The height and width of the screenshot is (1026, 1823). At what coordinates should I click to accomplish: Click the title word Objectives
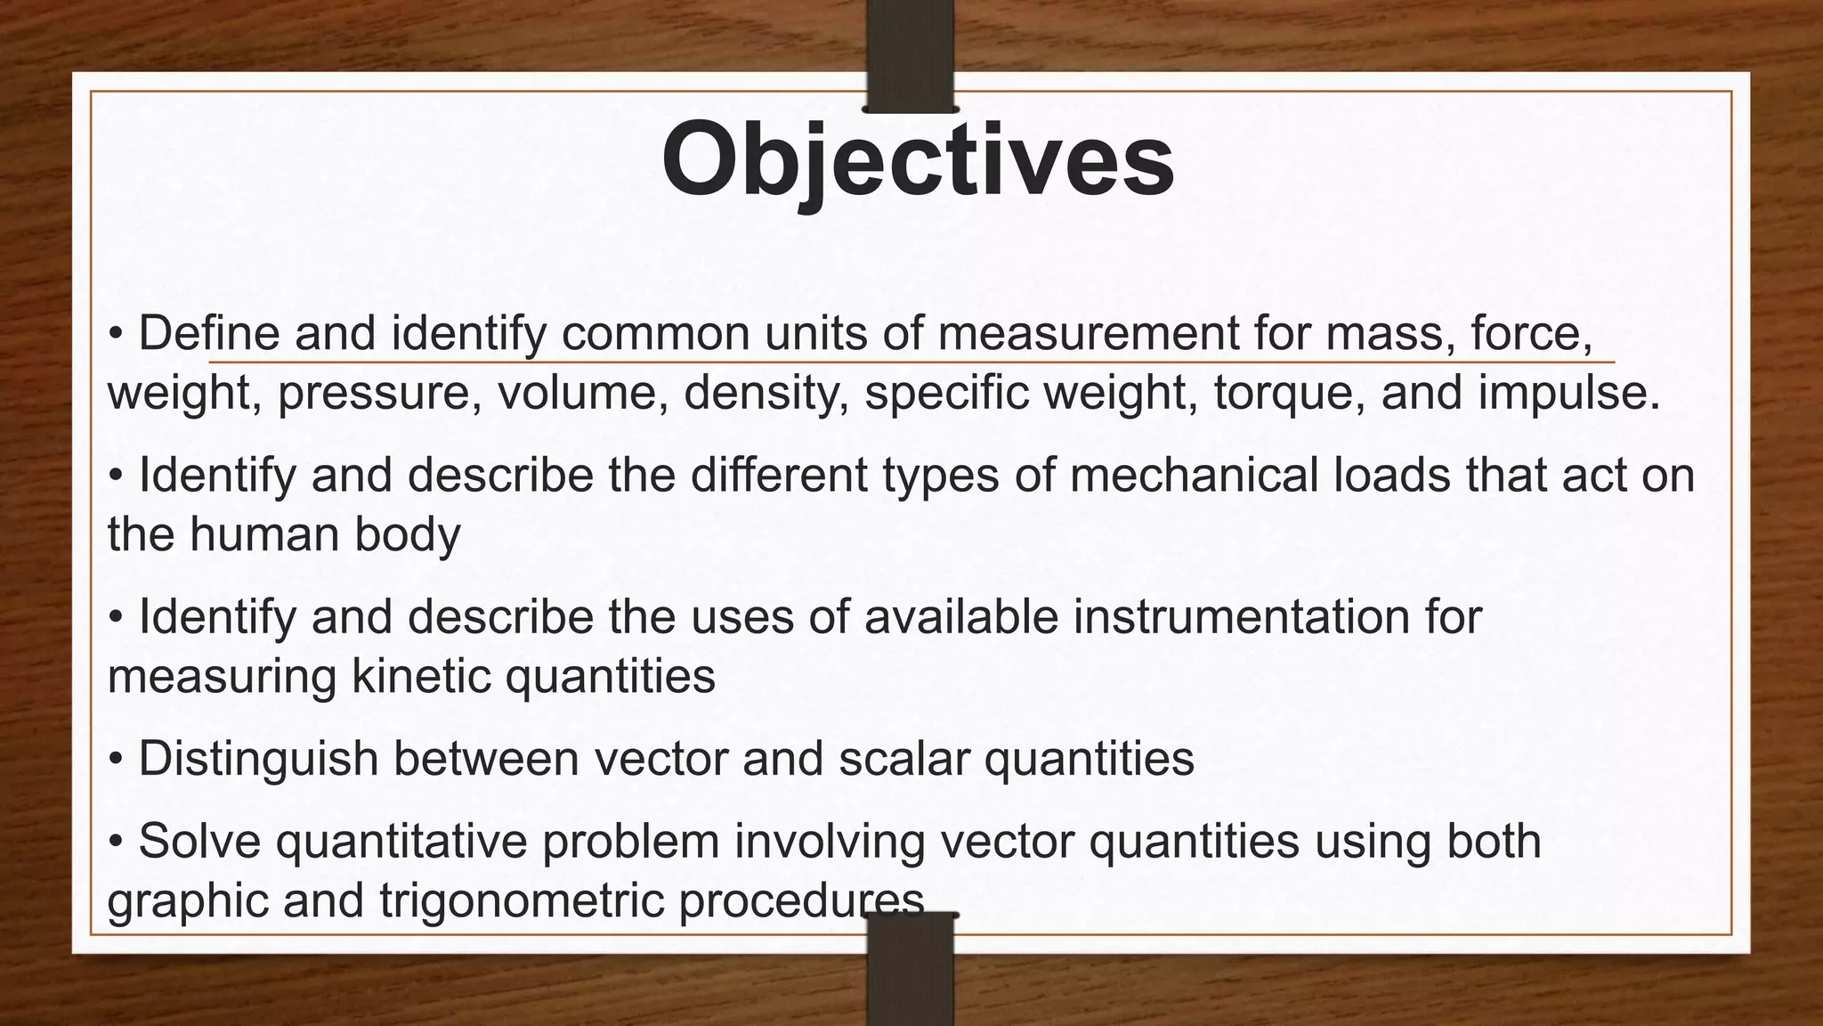pos(918,161)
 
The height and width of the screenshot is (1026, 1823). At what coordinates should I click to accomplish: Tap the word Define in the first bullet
pos(208,334)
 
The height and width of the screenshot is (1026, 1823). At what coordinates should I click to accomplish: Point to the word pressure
pos(373,394)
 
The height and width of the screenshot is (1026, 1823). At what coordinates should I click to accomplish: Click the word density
pos(766,394)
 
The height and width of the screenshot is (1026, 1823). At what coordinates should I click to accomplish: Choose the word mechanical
pos(1193,475)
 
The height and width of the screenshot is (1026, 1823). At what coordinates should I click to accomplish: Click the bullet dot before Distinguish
pos(116,760)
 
